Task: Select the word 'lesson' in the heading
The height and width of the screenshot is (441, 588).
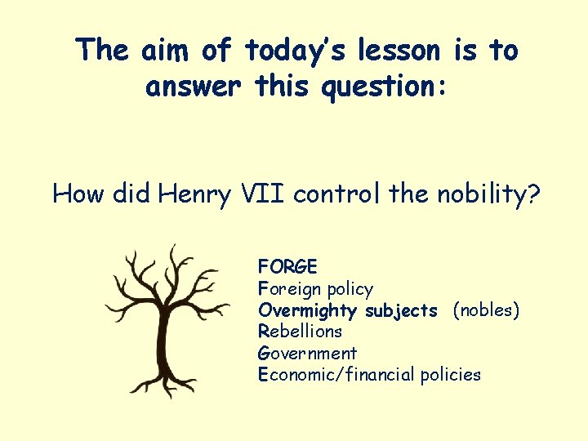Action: click(397, 51)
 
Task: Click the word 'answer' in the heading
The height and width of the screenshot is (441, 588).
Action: click(196, 85)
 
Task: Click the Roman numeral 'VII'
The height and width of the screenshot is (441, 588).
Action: click(261, 194)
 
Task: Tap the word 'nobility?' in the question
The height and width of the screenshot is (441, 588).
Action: click(488, 194)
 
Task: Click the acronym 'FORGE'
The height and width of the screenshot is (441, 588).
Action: click(287, 266)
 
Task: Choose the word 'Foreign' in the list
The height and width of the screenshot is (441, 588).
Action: click(287, 288)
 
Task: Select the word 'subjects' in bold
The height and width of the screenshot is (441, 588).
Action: click(401, 310)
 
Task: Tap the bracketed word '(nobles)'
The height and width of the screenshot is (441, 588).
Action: click(486, 310)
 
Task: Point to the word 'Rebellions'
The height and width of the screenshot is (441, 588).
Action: click(300, 332)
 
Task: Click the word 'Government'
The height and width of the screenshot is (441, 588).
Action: click(307, 354)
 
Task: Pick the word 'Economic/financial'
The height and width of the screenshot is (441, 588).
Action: click(336, 375)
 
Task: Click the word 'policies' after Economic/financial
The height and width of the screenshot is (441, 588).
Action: click(450, 375)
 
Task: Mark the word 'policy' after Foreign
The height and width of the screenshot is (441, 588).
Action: click(350, 289)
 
